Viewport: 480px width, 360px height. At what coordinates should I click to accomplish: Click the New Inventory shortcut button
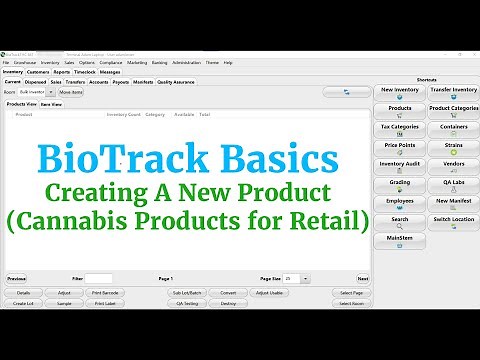tap(400, 92)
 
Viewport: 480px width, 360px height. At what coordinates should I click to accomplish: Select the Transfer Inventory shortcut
tap(453, 92)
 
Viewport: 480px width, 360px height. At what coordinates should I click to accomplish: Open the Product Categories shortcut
tap(453, 110)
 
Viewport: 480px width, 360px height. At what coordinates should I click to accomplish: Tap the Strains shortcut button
tap(453, 147)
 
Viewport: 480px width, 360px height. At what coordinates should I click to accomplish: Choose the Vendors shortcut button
tap(453, 166)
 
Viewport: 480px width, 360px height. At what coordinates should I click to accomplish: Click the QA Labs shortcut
tap(453, 184)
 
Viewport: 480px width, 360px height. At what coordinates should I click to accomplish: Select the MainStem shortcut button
tap(400, 240)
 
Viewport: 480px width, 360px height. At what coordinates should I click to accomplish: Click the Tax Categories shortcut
tap(400, 129)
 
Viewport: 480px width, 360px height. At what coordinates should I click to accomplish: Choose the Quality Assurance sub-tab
tap(176, 82)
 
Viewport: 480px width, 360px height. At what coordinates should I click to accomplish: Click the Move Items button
tap(71, 92)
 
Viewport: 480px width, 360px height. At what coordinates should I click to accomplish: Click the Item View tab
tap(51, 103)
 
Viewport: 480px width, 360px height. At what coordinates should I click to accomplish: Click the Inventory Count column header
tap(124, 114)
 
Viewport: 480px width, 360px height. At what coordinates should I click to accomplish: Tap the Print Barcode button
tap(105, 293)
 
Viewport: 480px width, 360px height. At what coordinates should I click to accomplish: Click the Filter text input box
tap(98, 279)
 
